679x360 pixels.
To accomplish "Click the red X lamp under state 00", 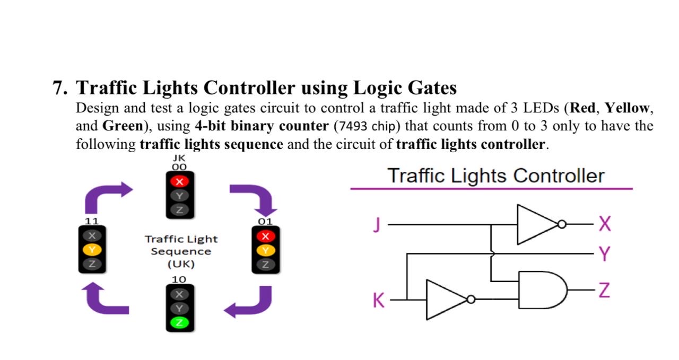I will pyautogui.click(x=179, y=182).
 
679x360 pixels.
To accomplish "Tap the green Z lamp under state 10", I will pyautogui.click(x=179, y=322).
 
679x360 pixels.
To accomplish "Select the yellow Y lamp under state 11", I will pyautogui.click(x=92, y=249).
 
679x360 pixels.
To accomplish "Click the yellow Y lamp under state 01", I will pyautogui.click(x=266, y=249).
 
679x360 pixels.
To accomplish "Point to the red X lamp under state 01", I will pyautogui.click(x=266, y=236).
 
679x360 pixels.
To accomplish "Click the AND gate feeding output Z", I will pyautogui.click(x=542, y=290).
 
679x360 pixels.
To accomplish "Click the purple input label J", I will pyautogui.click(x=377, y=225).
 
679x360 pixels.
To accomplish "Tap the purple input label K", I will pyautogui.click(x=378, y=301).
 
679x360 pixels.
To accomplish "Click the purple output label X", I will pyautogui.click(x=604, y=225).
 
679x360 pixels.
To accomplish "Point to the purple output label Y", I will pyautogui.click(x=604, y=254).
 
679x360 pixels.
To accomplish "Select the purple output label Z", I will pyautogui.click(x=604, y=291).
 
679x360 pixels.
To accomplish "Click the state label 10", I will pyautogui.click(x=179, y=279).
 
